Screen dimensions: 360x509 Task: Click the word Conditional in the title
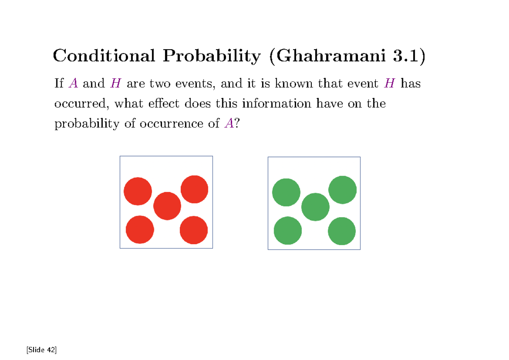(x=103, y=56)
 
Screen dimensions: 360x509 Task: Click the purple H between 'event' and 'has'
(x=389, y=84)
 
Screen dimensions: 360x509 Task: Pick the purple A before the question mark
(x=228, y=123)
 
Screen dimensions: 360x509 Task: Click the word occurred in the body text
(x=82, y=104)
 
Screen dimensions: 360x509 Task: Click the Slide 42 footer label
(x=41, y=350)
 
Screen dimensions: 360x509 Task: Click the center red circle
(x=167, y=206)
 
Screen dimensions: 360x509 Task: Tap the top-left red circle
(x=138, y=191)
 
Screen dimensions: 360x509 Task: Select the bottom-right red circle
(x=194, y=230)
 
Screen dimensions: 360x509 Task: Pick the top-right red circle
(x=194, y=189)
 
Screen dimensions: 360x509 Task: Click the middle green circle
(x=315, y=207)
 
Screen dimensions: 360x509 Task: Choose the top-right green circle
(x=342, y=190)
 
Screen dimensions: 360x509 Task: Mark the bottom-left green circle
(x=288, y=231)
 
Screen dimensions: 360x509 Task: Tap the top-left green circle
(x=286, y=192)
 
